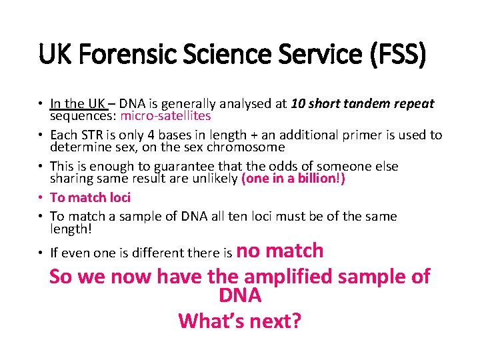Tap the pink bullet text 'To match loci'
point(90,197)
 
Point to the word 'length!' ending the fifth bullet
point(71,228)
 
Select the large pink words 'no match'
point(280,251)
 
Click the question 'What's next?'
point(239,321)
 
